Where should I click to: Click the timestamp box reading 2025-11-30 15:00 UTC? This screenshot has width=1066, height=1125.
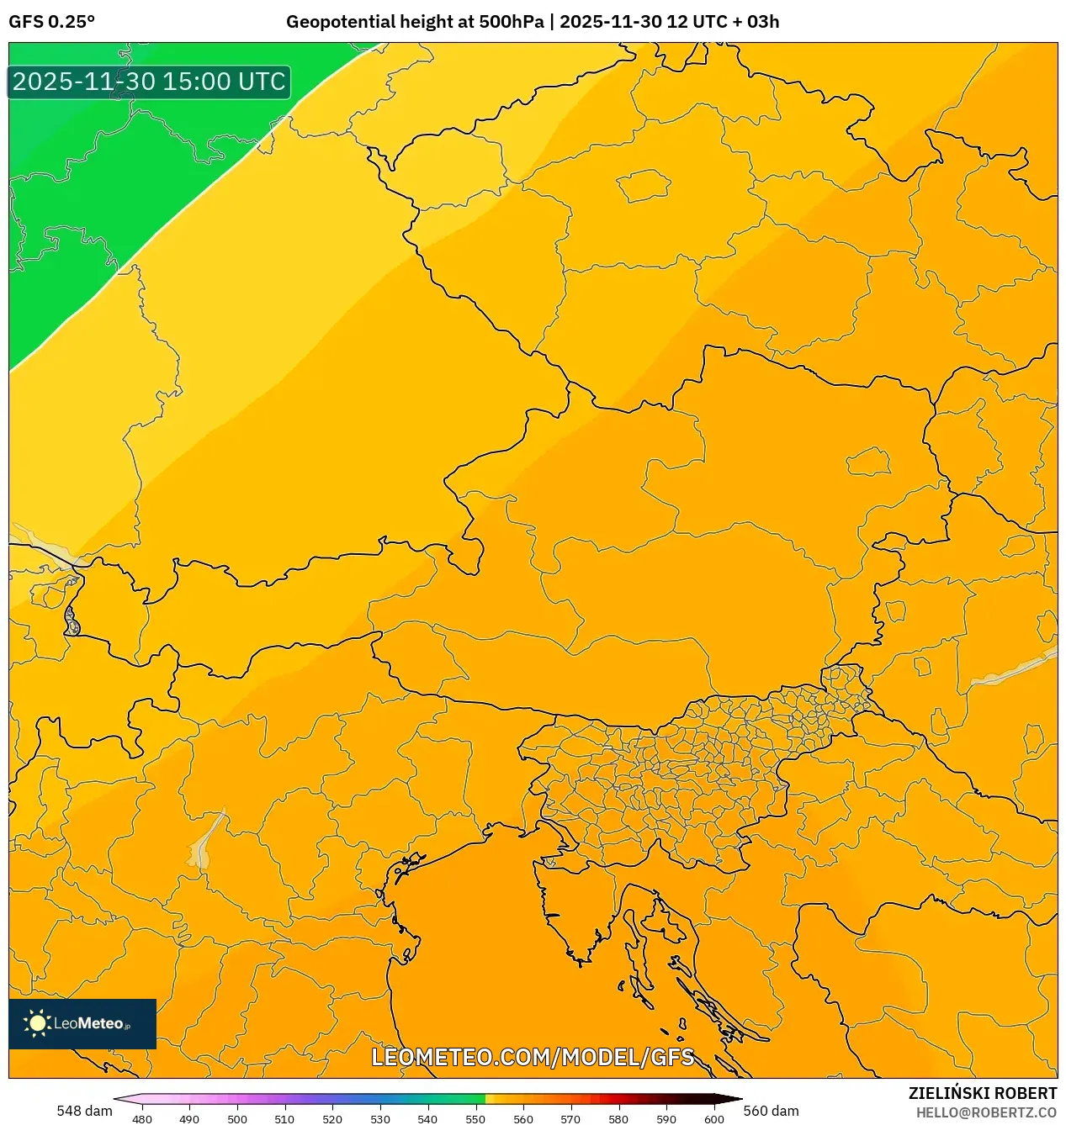click(x=149, y=82)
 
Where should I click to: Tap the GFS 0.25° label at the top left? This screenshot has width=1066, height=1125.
click(x=51, y=22)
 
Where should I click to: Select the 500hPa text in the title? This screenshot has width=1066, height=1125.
click(x=511, y=22)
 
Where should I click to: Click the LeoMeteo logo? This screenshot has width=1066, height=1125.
click(x=82, y=1023)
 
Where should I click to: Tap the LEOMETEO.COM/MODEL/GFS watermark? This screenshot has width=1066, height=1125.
click(x=533, y=1057)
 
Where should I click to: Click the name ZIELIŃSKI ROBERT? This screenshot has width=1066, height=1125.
click(x=982, y=1093)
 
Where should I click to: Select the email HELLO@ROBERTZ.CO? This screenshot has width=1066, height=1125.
click(x=986, y=1112)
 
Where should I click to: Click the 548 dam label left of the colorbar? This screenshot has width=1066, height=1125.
click(x=84, y=1111)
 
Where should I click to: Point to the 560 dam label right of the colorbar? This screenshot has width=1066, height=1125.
click(x=771, y=1111)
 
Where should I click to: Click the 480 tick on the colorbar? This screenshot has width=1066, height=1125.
click(x=142, y=1119)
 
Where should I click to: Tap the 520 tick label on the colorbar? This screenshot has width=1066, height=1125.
click(x=332, y=1119)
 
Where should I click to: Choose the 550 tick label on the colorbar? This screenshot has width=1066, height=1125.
click(x=475, y=1119)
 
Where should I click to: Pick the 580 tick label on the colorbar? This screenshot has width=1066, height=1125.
click(x=618, y=1119)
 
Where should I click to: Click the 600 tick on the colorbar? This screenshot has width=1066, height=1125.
click(x=713, y=1119)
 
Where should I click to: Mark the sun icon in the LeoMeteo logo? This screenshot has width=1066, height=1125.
click(x=37, y=1023)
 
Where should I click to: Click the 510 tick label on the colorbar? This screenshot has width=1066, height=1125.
click(x=284, y=1119)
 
